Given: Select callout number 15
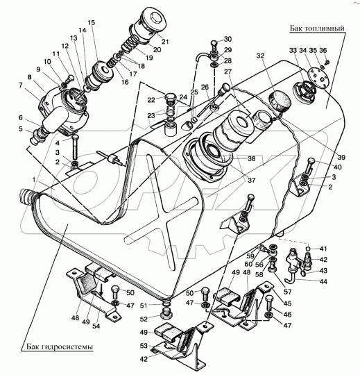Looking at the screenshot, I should click(92, 23).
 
